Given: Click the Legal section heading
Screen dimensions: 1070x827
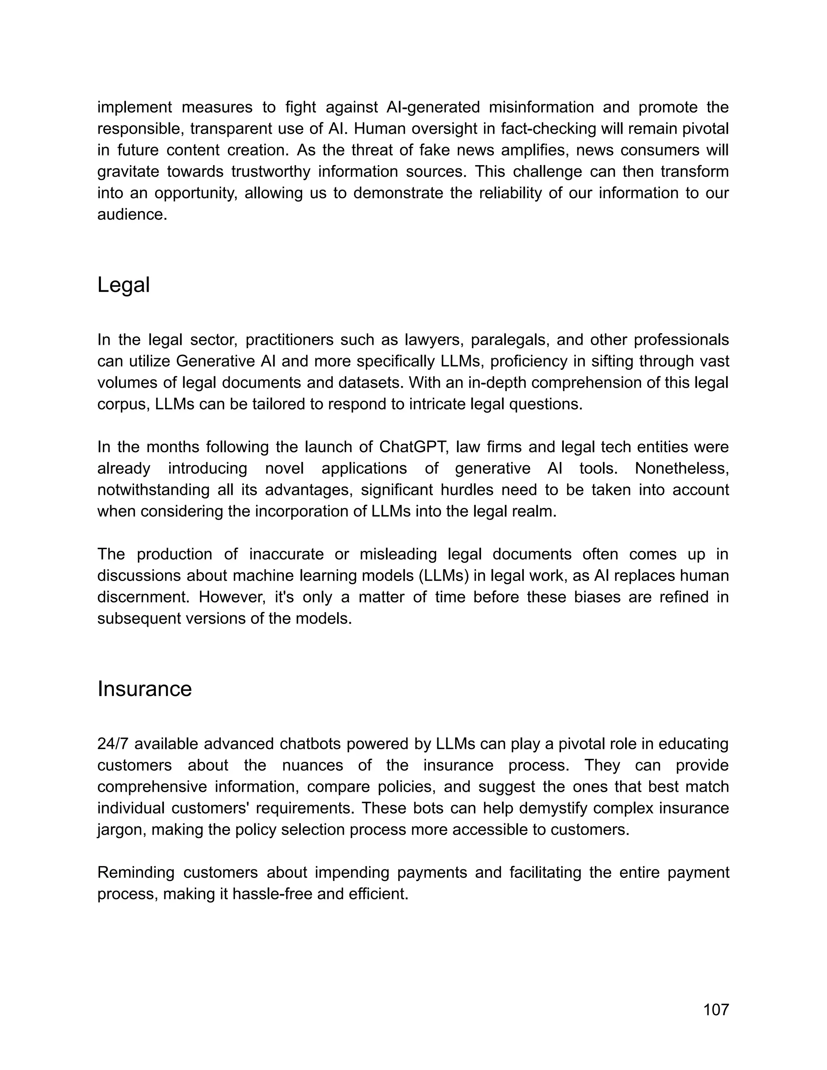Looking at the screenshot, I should click(124, 285).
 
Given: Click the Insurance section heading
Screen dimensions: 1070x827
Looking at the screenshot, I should click(145, 689).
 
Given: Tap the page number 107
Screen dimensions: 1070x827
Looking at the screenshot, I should click(716, 1010).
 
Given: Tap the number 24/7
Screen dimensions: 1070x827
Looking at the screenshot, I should click(113, 744).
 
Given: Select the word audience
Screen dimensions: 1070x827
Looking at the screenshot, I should click(132, 214).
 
